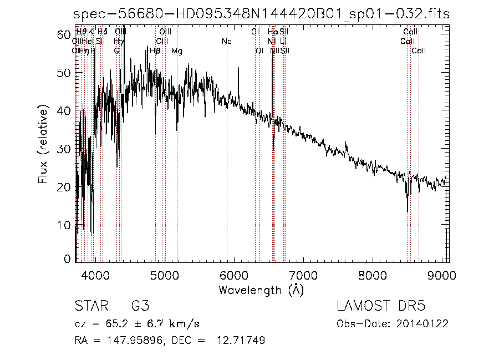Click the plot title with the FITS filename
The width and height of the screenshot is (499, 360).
(x=261, y=14)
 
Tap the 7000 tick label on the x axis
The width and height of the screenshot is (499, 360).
(x=303, y=274)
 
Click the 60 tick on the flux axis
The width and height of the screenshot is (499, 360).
(x=65, y=34)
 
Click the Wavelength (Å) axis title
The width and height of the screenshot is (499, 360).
(x=261, y=290)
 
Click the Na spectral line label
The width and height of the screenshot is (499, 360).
(x=226, y=41)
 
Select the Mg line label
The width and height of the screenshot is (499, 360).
(x=177, y=50)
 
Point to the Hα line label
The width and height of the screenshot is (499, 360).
(x=272, y=32)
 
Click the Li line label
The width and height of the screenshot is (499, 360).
(x=283, y=41)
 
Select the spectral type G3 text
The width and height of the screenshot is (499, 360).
(x=140, y=306)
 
